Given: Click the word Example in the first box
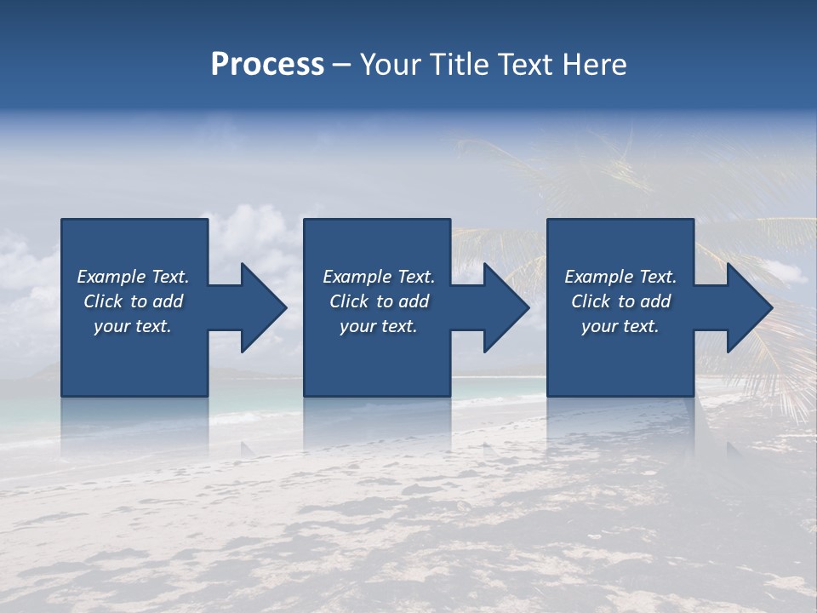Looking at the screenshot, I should pyautogui.click(x=111, y=277).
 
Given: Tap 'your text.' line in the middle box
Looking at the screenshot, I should pyautogui.click(x=379, y=326).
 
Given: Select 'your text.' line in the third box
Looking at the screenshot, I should pyautogui.click(x=620, y=326).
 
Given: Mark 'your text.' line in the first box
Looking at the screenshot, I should pyautogui.click(x=133, y=326).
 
